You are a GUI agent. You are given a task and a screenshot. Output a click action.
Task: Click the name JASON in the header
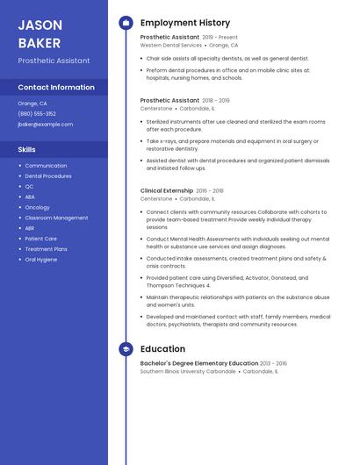click(40, 25)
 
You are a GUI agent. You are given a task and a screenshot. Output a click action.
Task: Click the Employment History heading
click(185, 23)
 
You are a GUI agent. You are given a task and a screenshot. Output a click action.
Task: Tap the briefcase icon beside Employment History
click(126, 23)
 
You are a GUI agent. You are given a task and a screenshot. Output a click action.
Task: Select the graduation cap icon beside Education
click(126, 349)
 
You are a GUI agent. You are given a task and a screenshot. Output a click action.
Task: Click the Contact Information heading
click(56, 88)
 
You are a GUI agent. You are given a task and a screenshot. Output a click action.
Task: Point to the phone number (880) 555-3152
click(37, 114)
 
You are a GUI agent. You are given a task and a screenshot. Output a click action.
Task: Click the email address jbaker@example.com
click(46, 125)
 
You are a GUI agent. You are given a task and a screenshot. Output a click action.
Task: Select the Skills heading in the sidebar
click(26, 149)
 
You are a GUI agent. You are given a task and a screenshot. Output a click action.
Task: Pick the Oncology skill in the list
click(38, 208)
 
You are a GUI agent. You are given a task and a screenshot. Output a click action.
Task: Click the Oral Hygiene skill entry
click(41, 260)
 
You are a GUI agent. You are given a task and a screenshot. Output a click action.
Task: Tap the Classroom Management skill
click(56, 218)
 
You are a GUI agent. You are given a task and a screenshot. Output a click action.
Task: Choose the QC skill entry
click(29, 187)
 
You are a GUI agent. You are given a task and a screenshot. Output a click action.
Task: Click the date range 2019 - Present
click(220, 38)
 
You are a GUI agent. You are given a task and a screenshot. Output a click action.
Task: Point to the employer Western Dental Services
click(171, 46)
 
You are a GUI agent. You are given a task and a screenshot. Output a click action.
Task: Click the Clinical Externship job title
click(167, 190)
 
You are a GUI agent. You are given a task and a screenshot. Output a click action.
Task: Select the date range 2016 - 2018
click(210, 190)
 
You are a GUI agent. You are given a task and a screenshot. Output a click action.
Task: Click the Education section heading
click(162, 349)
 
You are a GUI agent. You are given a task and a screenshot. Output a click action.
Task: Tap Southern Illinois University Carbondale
click(188, 371)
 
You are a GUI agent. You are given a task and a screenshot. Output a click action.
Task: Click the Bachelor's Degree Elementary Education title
click(199, 363)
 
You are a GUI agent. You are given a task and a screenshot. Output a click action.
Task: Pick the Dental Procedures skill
click(48, 176)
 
